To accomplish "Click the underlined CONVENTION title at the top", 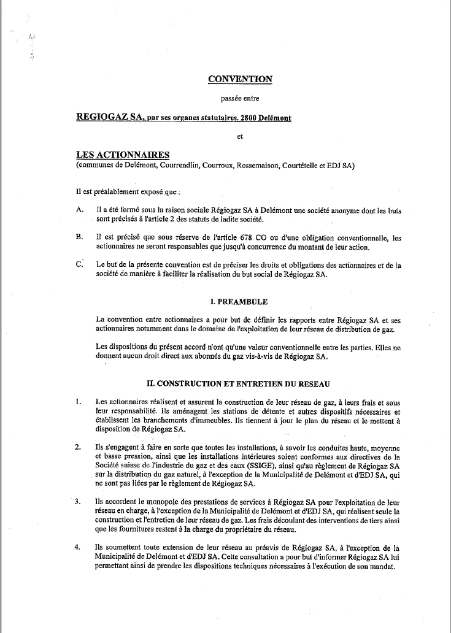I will click(x=240, y=79).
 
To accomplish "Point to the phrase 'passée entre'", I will click(x=240, y=98).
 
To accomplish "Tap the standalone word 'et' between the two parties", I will click(x=240, y=137).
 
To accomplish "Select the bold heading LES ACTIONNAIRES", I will click(x=117, y=156).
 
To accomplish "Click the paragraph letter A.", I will click(x=79, y=210).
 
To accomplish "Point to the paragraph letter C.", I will click(x=79, y=264).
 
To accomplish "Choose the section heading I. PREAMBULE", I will click(x=239, y=302).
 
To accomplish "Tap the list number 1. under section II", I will click(x=78, y=402).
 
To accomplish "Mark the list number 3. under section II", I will click(x=78, y=502).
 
